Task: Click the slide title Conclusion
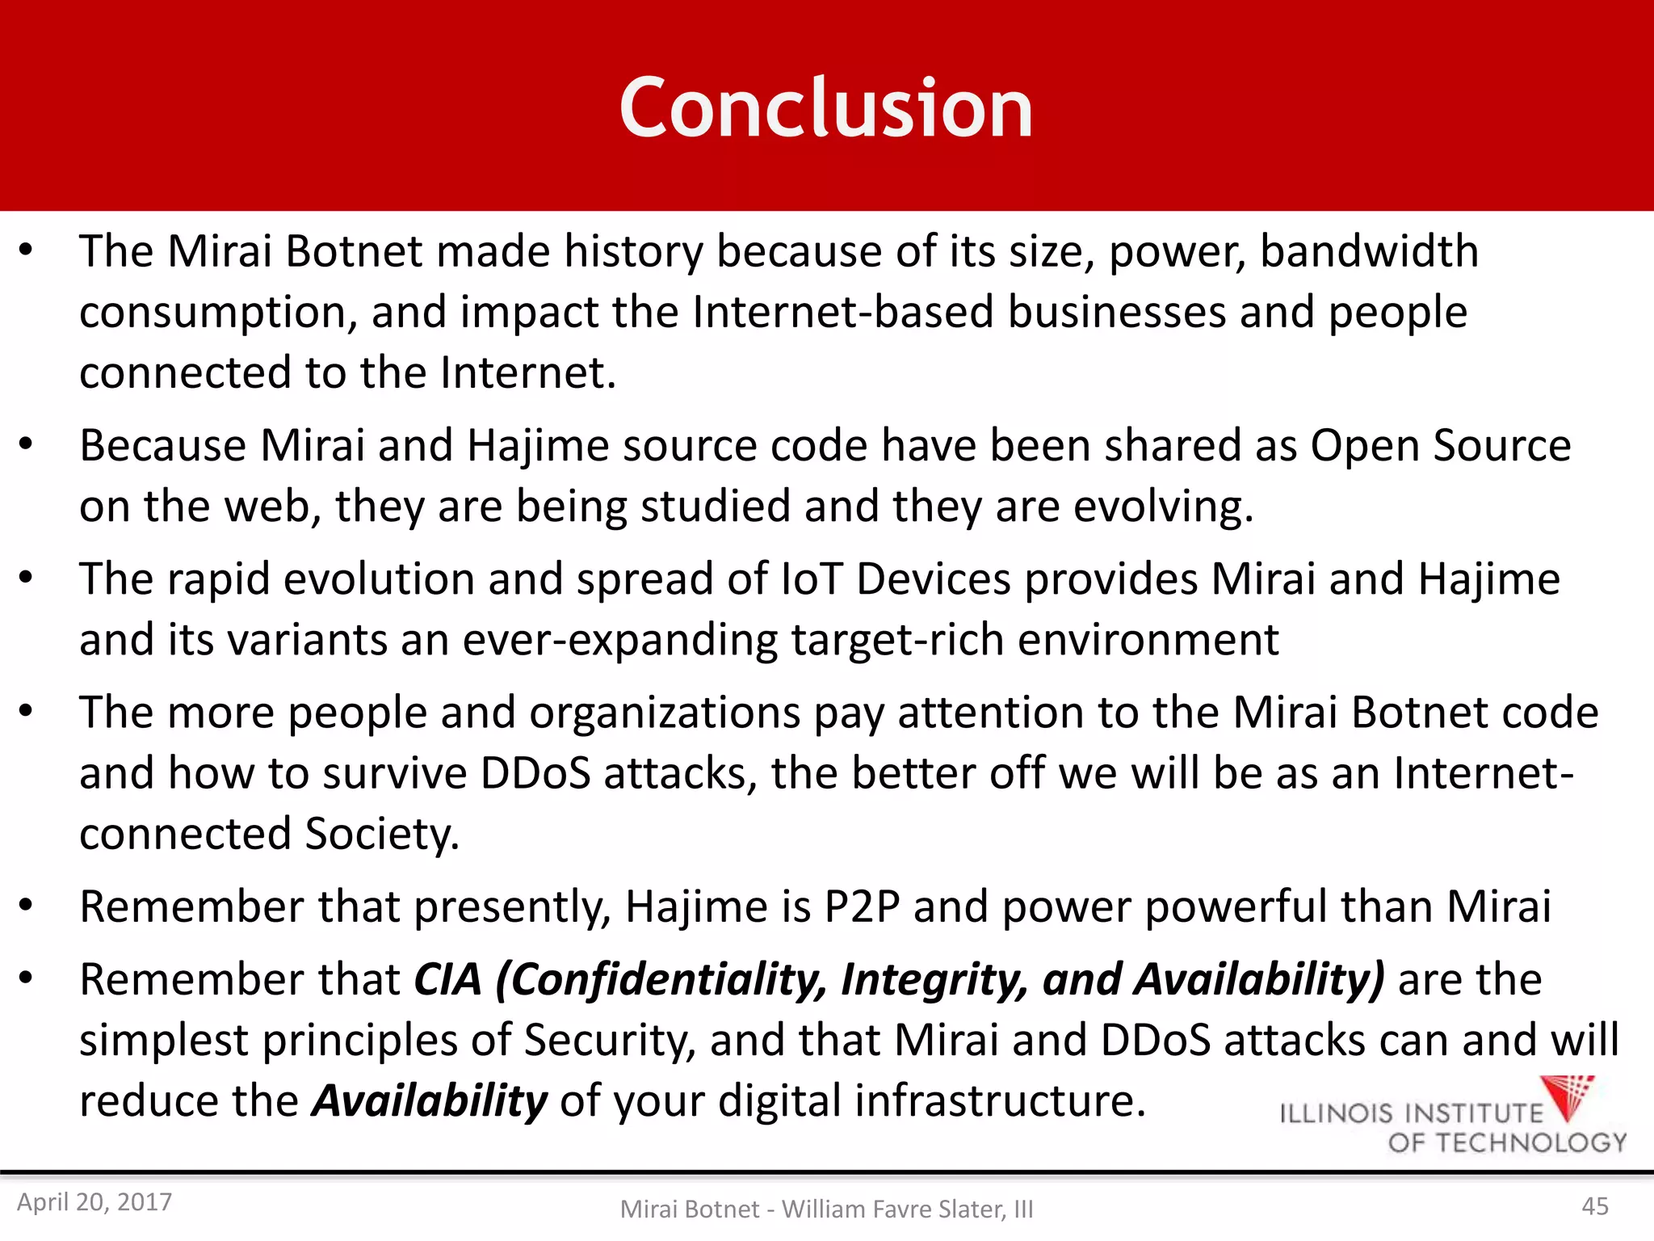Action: tap(825, 107)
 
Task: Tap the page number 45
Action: tap(1594, 1206)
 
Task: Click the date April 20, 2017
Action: tap(94, 1202)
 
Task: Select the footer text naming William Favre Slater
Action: tap(826, 1209)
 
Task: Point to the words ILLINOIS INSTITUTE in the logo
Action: tap(1411, 1113)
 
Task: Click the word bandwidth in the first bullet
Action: tap(1369, 250)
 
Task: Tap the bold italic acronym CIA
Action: tap(448, 979)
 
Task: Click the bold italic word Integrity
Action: tap(934, 979)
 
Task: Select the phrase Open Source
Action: tap(1440, 445)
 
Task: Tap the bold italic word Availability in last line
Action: tap(430, 1100)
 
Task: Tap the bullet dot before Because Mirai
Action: tap(26, 444)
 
